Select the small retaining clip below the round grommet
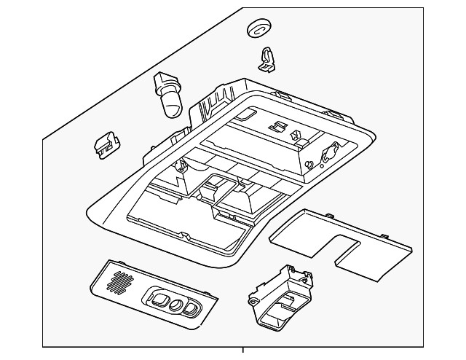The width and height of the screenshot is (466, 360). tap(268, 60)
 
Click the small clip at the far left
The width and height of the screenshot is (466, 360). tap(106, 144)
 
